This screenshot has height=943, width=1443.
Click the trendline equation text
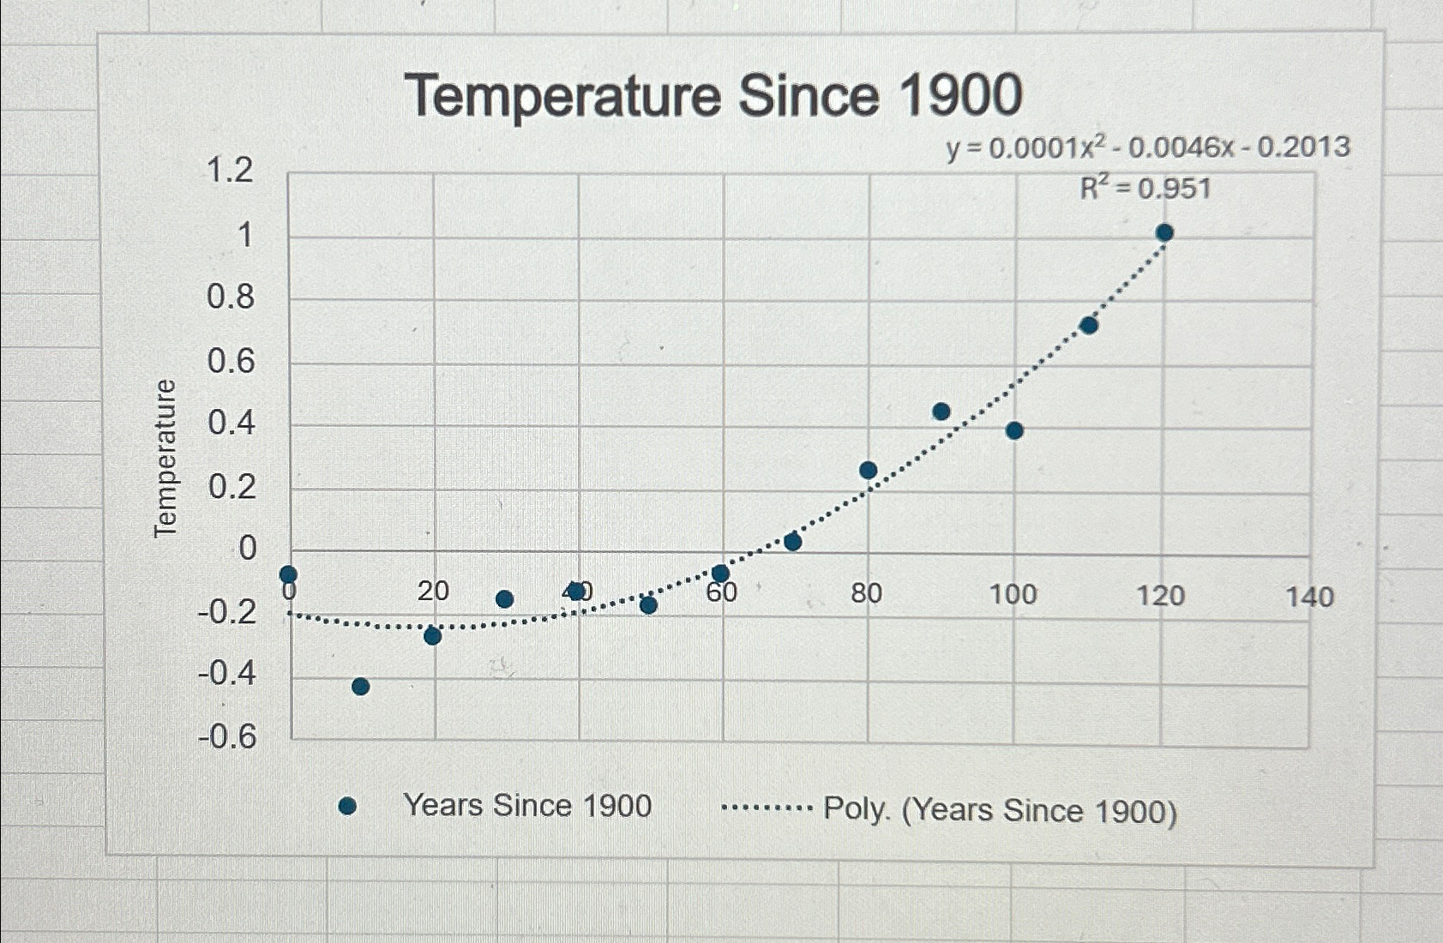click(1148, 147)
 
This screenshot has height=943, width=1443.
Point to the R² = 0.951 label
click(1145, 188)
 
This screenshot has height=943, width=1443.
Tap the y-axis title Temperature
click(165, 459)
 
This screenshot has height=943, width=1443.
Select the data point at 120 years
click(1164, 232)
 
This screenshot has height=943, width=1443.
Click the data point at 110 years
click(1089, 325)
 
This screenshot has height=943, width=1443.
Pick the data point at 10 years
click(361, 686)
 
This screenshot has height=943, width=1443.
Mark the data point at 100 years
click(1014, 430)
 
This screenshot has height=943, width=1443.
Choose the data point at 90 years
click(941, 411)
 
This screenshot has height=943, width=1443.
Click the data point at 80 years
click(868, 470)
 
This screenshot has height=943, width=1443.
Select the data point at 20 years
click(433, 636)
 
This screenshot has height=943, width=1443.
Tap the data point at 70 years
click(793, 542)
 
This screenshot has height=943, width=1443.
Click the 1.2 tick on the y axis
click(230, 170)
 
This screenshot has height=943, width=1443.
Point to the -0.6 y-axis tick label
click(227, 736)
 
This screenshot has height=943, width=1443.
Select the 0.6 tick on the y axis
click(231, 361)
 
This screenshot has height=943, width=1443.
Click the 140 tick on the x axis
click(1309, 597)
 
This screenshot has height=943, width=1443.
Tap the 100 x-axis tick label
click(1013, 594)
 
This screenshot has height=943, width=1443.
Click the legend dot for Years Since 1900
click(347, 806)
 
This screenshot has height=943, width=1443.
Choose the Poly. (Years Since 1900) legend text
click(1000, 810)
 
